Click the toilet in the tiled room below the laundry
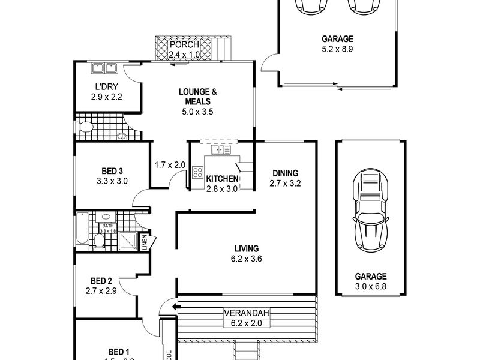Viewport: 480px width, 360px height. coord(85,127)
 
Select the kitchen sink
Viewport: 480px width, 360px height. coord(221,149)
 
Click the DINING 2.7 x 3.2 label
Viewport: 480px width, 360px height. coord(284,178)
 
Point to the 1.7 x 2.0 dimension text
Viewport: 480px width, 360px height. coord(170,165)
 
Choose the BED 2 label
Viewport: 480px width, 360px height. coord(101,285)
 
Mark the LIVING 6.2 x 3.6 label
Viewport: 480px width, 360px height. coord(246,253)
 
